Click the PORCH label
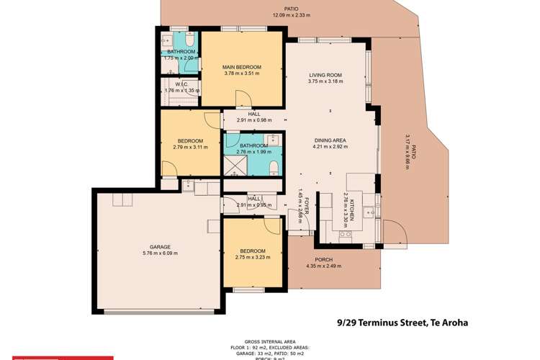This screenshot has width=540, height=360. tap(323, 260)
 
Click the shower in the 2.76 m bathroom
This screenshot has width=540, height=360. tap(233, 168)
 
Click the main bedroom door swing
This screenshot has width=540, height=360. tap(244, 99)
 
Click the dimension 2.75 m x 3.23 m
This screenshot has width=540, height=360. tap(253, 257)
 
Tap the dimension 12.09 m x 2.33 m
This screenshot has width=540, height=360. tap(290, 14)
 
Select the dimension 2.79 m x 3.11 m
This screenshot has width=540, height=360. tap(190, 147)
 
